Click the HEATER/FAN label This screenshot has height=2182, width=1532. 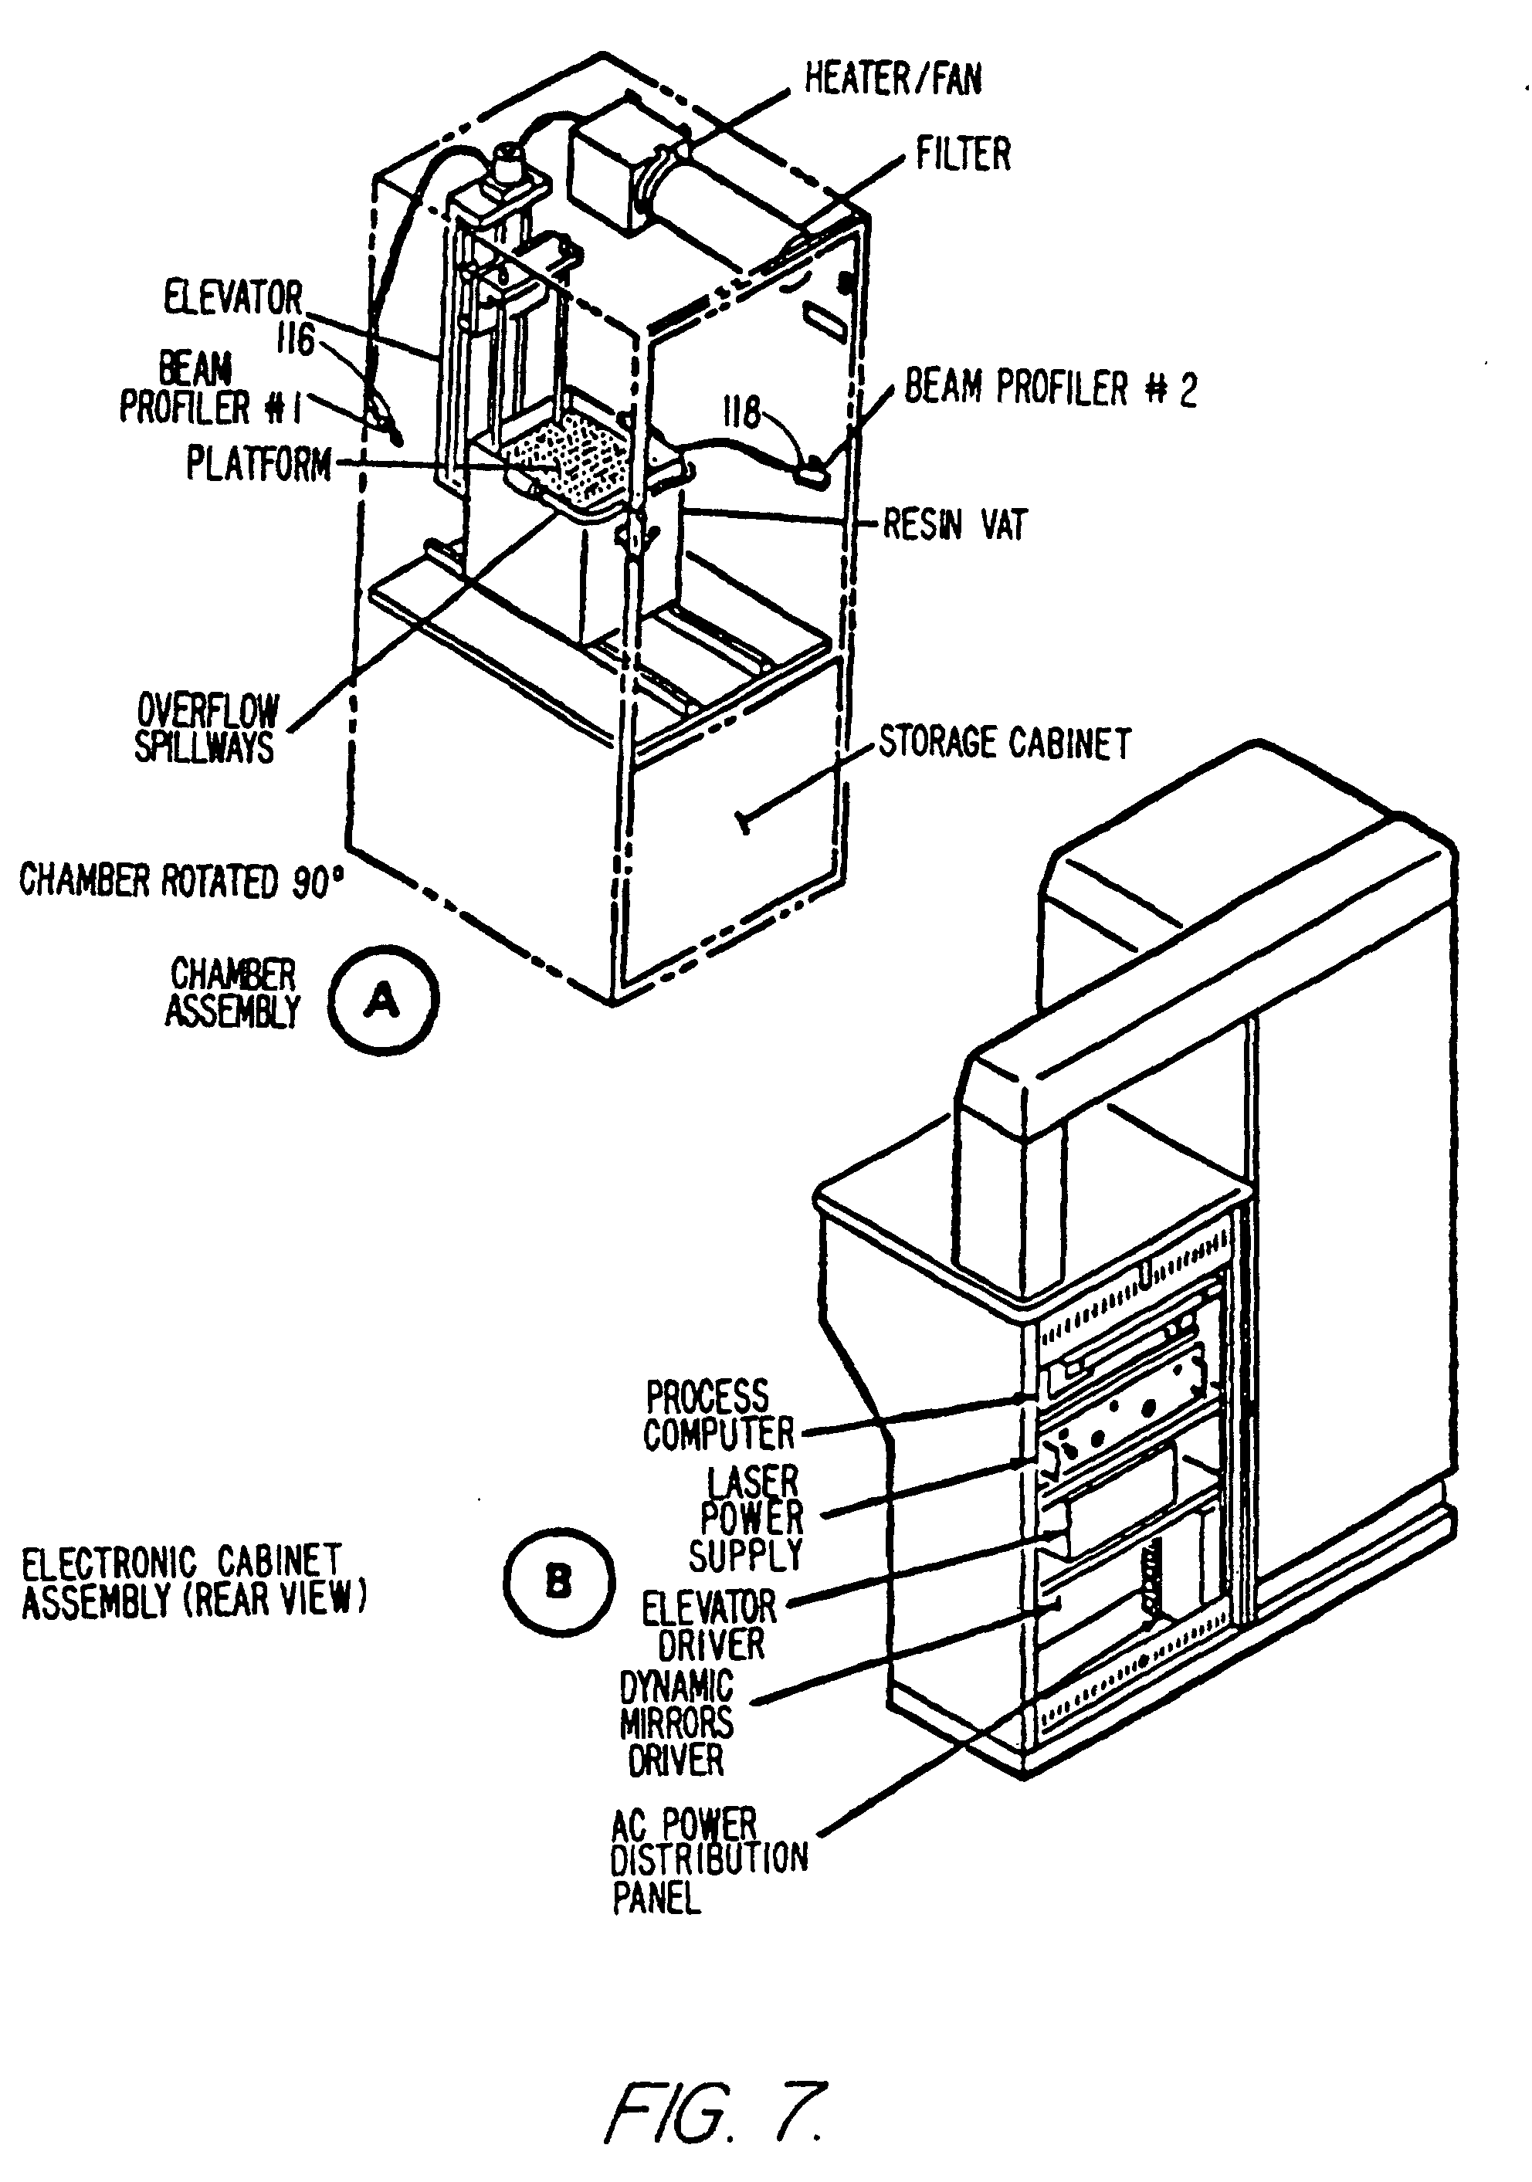pos(893,78)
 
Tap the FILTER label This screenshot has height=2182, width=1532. pos(963,154)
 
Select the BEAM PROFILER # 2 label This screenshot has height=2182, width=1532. pos(1050,388)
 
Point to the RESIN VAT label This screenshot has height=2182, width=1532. pos(955,523)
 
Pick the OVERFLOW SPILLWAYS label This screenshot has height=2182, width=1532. pos(206,728)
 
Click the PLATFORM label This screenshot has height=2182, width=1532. pos(259,465)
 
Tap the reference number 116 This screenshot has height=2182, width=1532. pos(295,338)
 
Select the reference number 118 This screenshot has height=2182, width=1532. pos(742,412)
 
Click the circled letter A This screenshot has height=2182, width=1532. pos(383,1000)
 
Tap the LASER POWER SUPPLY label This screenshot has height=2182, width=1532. pos(751,1519)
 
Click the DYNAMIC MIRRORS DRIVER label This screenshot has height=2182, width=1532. pos(676,1724)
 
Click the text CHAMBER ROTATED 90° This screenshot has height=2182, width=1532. pos(181,881)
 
